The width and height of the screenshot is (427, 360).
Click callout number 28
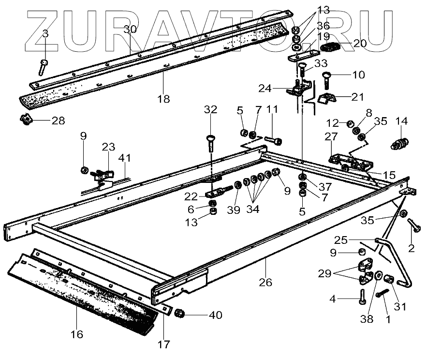[x=58, y=120]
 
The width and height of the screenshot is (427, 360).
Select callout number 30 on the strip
[x=130, y=30]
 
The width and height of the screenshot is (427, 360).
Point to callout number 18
[x=163, y=99]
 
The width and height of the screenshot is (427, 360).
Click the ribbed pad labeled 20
[x=329, y=47]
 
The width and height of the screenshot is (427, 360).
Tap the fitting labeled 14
[x=399, y=143]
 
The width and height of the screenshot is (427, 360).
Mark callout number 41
[x=126, y=158]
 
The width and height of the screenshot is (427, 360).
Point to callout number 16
[x=77, y=334]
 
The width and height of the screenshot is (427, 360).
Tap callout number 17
[x=164, y=345]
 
